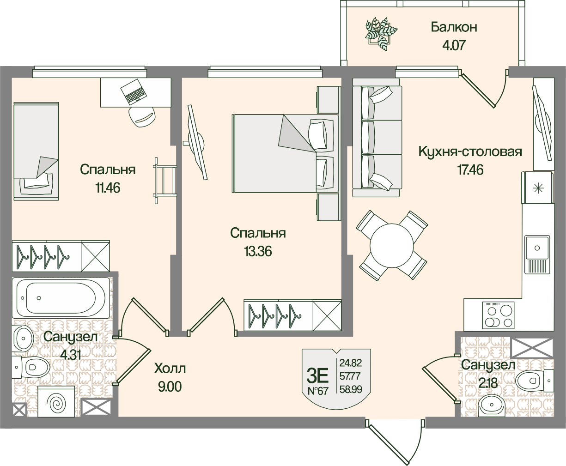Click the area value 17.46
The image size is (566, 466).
coord(470,170)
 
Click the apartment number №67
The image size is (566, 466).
coord(317,391)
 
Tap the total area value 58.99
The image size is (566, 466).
coord(350,390)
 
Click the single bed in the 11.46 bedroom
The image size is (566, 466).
coord(36,151)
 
